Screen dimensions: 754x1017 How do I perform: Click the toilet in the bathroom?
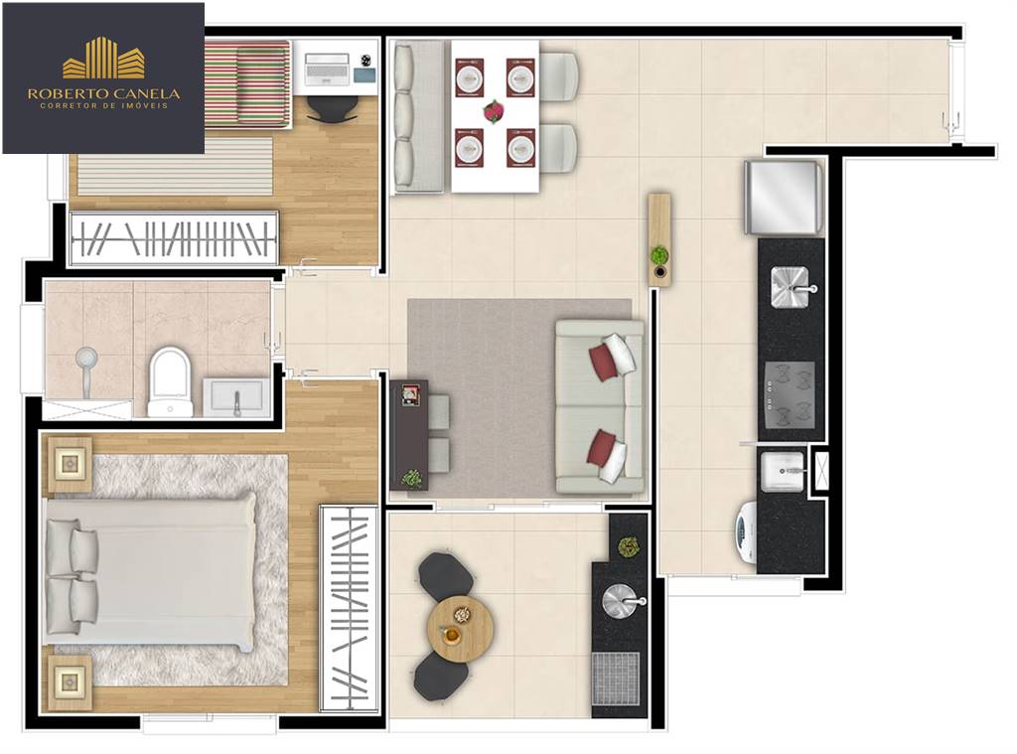tap(170, 381)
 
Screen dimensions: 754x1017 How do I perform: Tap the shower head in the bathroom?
tap(86, 357)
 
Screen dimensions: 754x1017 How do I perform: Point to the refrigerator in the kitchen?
tap(785, 197)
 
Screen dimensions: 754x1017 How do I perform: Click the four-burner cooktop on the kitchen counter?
tap(790, 394)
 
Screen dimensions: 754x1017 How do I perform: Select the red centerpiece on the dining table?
tap(494, 110)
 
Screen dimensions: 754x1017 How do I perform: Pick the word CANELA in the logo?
tap(146, 94)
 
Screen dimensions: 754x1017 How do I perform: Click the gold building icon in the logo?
tap(103, 59)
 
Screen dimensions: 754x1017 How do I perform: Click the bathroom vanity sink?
tap(236, 397)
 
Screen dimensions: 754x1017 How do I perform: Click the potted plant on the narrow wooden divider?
tap(659, 255)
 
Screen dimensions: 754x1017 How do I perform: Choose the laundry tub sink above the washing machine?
tap(783, 469)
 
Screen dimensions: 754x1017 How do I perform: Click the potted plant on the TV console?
tap(411, 479)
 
